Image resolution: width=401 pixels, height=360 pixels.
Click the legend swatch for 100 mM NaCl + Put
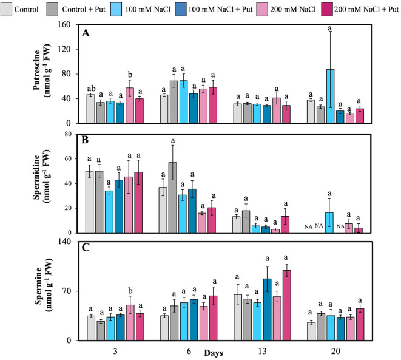coord(181,10)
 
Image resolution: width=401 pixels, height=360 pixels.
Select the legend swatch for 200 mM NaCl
coord(263,10)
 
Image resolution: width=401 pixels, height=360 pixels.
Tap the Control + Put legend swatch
coord(52,10)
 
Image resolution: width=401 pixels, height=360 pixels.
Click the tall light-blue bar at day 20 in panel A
coord(331,96)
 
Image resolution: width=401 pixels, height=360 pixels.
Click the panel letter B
coord(85,140)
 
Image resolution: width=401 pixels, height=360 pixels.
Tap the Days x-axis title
coord(214,353)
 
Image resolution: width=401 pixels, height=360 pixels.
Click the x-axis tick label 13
coord(262,351)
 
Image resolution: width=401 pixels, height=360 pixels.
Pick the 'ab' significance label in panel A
coord(91,89)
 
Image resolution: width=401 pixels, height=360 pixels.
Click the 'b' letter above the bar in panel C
coord(130,291)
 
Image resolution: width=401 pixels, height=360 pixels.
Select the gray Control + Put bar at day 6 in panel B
coord(173,197)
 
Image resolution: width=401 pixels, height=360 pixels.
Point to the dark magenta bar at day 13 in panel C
coord(287,305)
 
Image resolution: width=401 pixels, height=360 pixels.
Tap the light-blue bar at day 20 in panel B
coord(329,223)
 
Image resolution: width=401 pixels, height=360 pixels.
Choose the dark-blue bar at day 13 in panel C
coord(268,310)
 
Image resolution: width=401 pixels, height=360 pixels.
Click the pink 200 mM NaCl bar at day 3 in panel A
coord(130,106)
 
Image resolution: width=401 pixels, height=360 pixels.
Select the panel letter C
coord(86,248)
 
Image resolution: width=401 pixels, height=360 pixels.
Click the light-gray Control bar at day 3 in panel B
coord(90,202)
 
